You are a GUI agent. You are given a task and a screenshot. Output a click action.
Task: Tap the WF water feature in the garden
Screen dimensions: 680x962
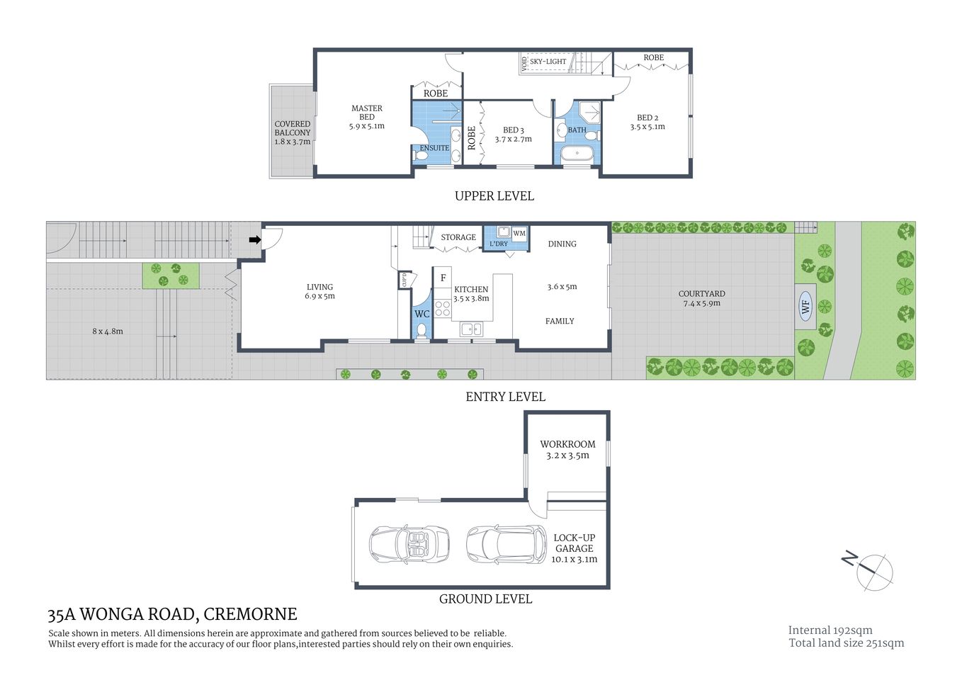pos(805,307)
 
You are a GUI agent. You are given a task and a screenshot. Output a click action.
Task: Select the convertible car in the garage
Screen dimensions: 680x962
pos(409,544)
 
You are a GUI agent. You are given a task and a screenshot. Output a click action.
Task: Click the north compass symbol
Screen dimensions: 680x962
pos(874,570)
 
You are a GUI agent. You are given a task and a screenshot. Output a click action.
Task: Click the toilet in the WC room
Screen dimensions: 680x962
pos(422,329)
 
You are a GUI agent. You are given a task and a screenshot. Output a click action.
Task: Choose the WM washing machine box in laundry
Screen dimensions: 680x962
pos(519,233)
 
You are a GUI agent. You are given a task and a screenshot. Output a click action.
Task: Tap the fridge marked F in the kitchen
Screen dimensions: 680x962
pos(443,278)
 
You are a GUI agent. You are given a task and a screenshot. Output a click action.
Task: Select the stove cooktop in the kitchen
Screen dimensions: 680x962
pos(443,308)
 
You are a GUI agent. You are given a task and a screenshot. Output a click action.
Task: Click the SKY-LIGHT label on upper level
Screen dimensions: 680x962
pos(548,62)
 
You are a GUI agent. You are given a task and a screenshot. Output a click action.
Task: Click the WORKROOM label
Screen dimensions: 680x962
pos(567,444)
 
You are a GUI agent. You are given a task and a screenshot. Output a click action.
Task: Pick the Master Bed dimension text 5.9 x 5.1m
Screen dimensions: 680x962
pos(366,126)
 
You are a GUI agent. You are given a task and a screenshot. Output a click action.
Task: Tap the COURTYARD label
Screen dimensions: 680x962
pos(701,293)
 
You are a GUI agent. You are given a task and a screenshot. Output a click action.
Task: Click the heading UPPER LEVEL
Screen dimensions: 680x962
pos(494,196)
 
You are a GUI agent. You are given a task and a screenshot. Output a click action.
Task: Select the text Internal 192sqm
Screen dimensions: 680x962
pos(830,630)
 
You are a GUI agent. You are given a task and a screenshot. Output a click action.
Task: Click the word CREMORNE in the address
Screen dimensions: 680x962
pos(250,614)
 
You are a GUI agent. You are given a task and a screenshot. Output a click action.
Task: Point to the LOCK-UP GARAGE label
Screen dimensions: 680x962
pos(574,543)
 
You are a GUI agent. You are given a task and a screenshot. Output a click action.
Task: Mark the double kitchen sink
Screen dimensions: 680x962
pos(471,329)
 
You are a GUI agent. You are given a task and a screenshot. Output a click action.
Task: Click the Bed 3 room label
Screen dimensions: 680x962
pos(513,130)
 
